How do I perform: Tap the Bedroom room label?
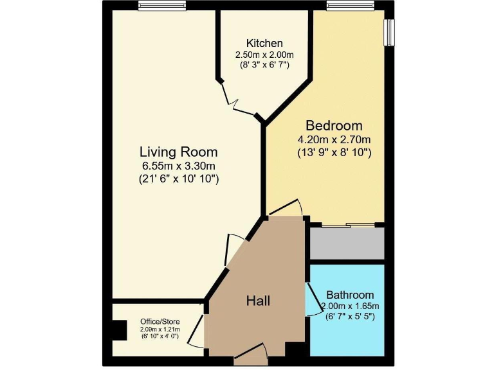pos(334,125)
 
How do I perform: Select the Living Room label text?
pos(179,152)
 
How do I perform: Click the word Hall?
pos(259,301)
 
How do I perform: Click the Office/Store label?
pos(160,322)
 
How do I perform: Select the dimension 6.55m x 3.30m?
pos(179,166)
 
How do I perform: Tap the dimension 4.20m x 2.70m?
pos(334,139)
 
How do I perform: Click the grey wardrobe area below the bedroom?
pos(347,243)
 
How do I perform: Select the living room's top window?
pos(158,6)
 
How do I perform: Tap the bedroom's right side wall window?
pos(389,32)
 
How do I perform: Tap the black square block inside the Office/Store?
pos(117,330)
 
